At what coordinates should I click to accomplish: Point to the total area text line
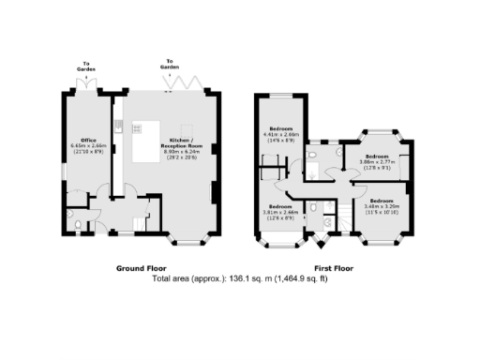click(x=239, y=278)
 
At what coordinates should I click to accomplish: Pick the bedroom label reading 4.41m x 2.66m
click(x=281, y=132)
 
